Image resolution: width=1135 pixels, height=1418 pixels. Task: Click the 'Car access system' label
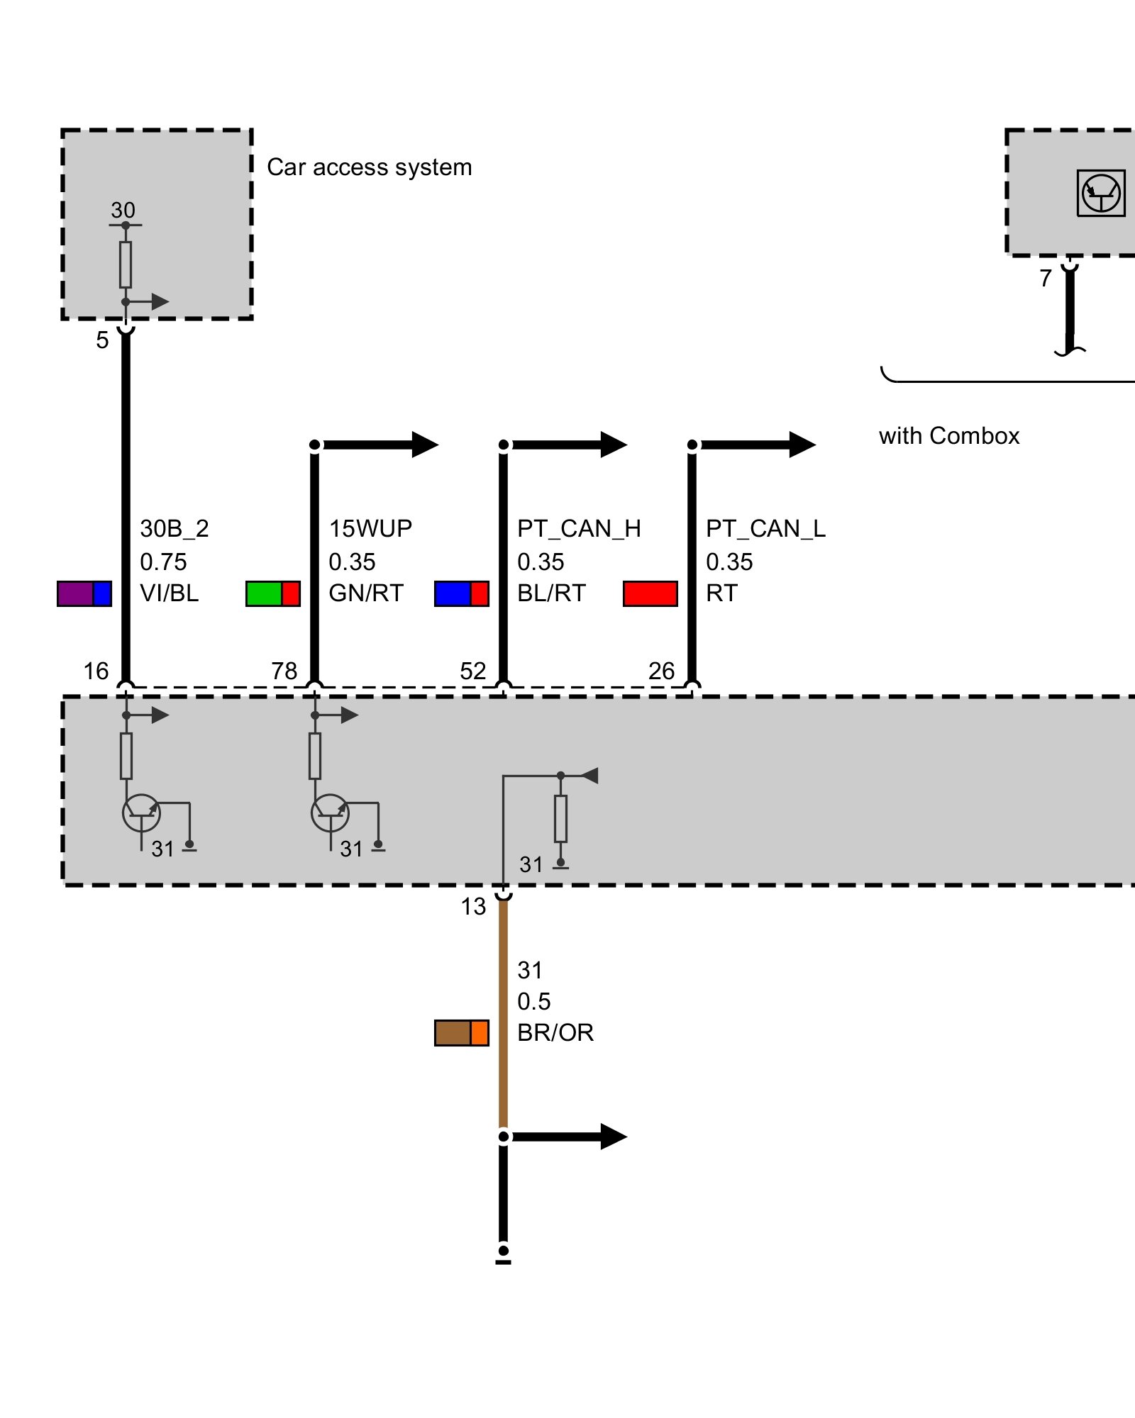coord(369,167)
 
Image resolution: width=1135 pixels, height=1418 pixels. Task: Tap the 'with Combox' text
coord(948,435)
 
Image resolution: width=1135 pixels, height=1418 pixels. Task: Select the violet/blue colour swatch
coord(84,593)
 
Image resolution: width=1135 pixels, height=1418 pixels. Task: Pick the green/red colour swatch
coord(273,593)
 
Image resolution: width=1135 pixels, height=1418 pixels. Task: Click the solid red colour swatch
coord(650,593)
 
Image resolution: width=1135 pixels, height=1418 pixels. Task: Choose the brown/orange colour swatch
coord(461,1033)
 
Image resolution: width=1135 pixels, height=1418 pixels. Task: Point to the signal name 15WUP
coord(370,528)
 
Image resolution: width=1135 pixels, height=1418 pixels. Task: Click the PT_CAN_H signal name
coord(578,528)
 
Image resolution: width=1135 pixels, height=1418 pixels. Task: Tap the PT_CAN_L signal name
coord(765,528)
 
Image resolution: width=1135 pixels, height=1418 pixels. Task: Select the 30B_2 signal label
coord(174,528)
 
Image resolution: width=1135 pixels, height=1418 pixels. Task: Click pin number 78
coord(284,671)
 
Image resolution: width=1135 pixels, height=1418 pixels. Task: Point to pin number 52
coord(472,671)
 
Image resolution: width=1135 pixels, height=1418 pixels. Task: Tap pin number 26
coord(661,671)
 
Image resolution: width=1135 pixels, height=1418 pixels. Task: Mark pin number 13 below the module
coord(473,906)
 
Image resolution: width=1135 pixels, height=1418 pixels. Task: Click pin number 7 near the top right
coord(1045,278)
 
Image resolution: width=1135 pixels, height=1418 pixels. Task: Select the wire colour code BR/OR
coord(555,1032)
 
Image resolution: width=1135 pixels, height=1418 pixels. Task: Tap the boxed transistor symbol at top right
coord(1100,193)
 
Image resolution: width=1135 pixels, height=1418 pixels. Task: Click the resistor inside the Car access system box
coord(126,264)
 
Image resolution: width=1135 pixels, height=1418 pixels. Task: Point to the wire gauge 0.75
coord(163,562)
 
